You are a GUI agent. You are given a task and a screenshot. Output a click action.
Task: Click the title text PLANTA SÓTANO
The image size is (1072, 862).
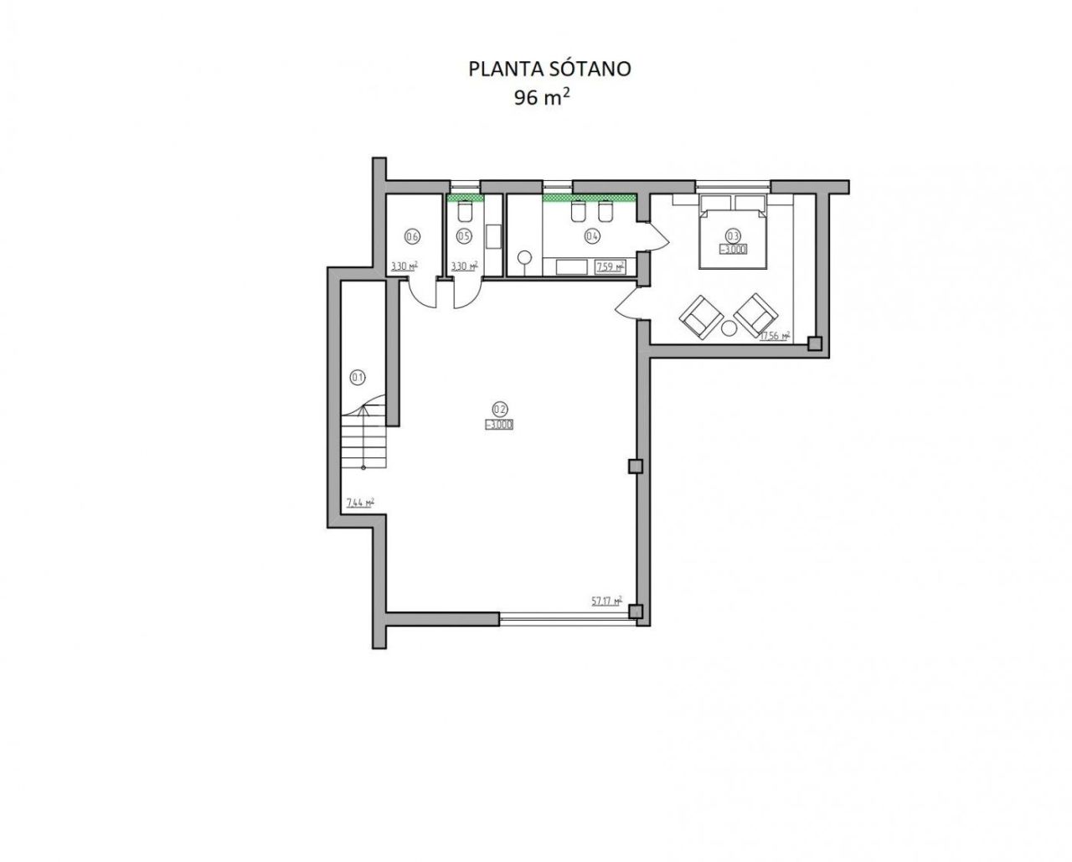click(x=549, y=69)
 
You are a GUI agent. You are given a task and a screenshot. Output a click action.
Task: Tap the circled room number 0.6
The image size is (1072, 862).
click(x=411, y=236)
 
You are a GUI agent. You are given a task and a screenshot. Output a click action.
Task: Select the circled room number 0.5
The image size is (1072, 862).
click(x=462, y=236)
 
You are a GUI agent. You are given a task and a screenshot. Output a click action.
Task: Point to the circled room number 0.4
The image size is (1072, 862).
click(x=592, y=236)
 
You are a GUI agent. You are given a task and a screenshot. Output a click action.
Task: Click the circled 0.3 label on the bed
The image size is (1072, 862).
click(x=733, y=235)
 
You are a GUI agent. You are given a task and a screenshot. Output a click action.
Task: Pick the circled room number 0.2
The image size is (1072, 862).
click(x=499, y=410)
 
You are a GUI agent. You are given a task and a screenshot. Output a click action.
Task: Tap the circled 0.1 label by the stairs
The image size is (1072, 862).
click(x=358, y=377)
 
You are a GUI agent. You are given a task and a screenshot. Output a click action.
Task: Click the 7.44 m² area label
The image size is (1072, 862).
click(x=359, y=503)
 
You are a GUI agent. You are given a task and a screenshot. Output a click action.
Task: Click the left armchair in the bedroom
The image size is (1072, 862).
click(x=701, y=317)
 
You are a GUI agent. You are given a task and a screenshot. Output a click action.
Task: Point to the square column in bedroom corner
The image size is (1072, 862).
click(x=814, y=343)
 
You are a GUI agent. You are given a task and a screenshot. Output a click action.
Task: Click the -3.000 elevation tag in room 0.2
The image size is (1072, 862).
click(x=499, y=425)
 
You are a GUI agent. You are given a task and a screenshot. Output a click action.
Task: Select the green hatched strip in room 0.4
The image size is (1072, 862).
click(x=589, y=199)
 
